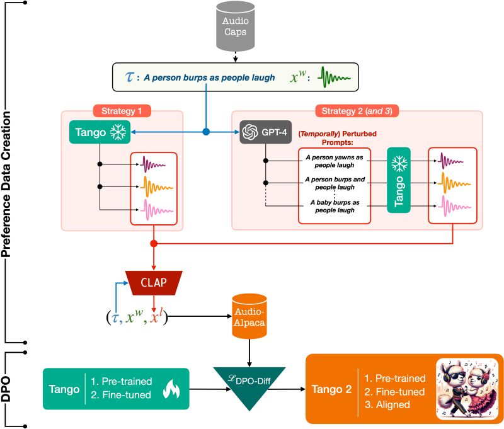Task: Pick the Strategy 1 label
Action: pyautogui.click(x=122, y=111)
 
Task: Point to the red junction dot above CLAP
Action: pyautogui.click(x=154, y=243)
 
